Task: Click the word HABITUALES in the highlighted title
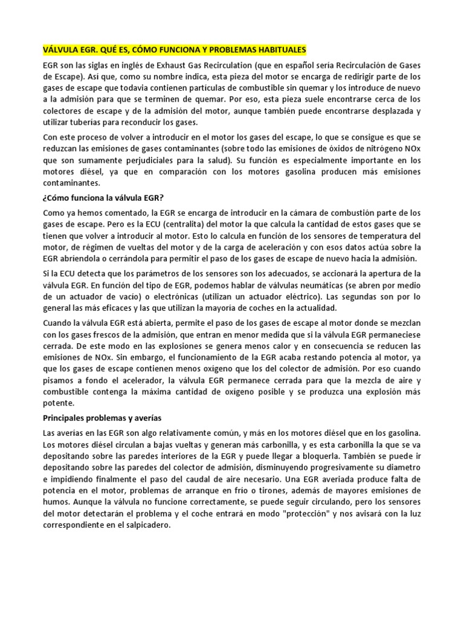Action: tap(277, 49)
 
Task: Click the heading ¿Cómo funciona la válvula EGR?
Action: tap(103, 198)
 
